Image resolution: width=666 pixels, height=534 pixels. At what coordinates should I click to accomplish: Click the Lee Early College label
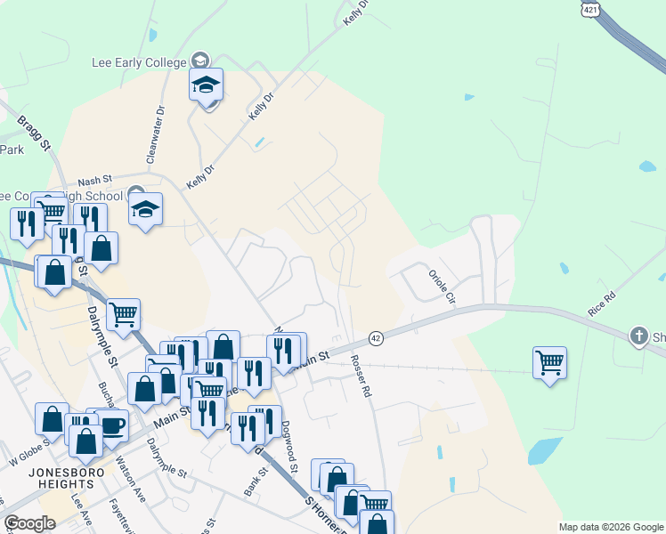[140, 62]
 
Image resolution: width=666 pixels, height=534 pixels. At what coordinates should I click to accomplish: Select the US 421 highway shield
[590, 9]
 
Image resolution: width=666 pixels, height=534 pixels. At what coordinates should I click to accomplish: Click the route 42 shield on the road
[376, 338]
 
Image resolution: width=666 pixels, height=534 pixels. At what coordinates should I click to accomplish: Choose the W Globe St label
[27, 459]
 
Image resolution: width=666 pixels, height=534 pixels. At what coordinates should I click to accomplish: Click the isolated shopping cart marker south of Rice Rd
[549, 362]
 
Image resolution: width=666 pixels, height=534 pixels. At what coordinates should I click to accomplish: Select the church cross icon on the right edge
[638, 336]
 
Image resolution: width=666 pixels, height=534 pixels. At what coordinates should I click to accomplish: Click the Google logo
[29, 523]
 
